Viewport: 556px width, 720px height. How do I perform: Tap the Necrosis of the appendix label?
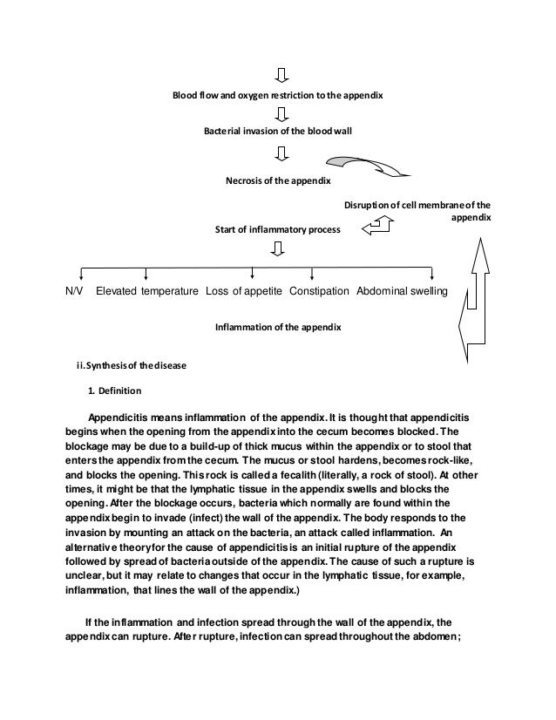pos(278,180)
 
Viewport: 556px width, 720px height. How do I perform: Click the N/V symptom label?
pos(74,290)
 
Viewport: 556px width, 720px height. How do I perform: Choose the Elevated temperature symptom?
pos(146,290)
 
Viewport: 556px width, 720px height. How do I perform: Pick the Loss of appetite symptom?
pos(244,290)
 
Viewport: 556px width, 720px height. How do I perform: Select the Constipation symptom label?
pos(320,290)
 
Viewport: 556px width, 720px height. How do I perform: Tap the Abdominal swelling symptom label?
pos(402,290)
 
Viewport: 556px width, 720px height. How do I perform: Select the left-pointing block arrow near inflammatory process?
pos(377,226)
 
